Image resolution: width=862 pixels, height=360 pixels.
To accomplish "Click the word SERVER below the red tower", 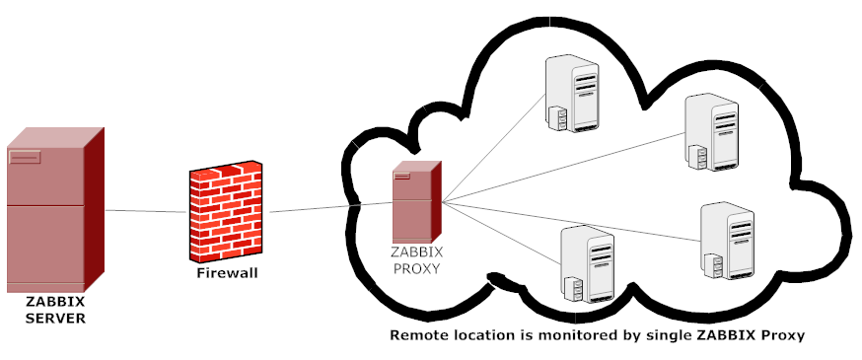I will (55, 319).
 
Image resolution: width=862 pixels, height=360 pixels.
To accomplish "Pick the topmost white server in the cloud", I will (573, 94).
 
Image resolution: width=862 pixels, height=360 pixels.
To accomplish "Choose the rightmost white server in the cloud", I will (726, 243).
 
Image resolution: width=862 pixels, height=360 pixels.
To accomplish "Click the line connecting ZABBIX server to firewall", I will (146, 211).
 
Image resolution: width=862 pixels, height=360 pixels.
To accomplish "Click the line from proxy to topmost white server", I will (493, 148).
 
